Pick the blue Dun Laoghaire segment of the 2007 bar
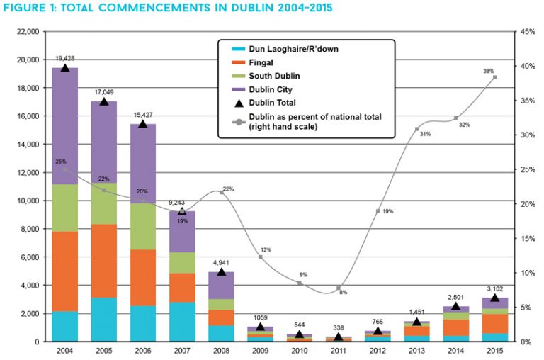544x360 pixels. pos(182,322)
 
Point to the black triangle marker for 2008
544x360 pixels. pos(221,272)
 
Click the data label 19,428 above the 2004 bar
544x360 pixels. pos(65,58)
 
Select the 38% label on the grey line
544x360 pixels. pos(488,71)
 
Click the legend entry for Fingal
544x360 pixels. pos(260,62)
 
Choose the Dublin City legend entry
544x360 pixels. pos(270,89)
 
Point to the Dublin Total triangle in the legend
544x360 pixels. pos(236,103)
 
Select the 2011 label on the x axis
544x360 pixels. pos(339,351)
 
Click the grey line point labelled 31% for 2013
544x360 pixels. pos(416,128)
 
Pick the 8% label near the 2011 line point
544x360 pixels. pos(344,292)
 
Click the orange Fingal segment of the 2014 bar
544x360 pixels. pos(455,327)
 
